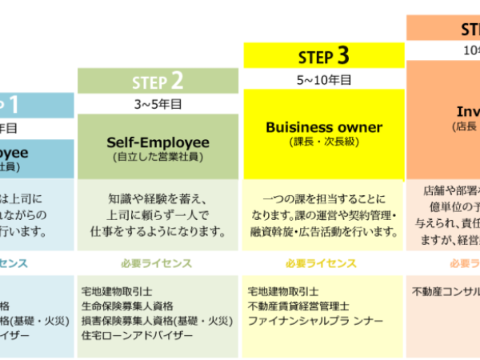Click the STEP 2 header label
pos(158,80)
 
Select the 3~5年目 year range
pos(158,103)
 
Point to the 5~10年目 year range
pos(323,79)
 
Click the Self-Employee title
pos(158,142)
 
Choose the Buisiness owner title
pos(323,127)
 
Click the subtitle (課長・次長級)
pos(323,142)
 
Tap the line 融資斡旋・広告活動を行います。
pos(323,231)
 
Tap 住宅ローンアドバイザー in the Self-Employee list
pos(137,334)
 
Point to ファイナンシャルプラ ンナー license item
pos(315,320)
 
